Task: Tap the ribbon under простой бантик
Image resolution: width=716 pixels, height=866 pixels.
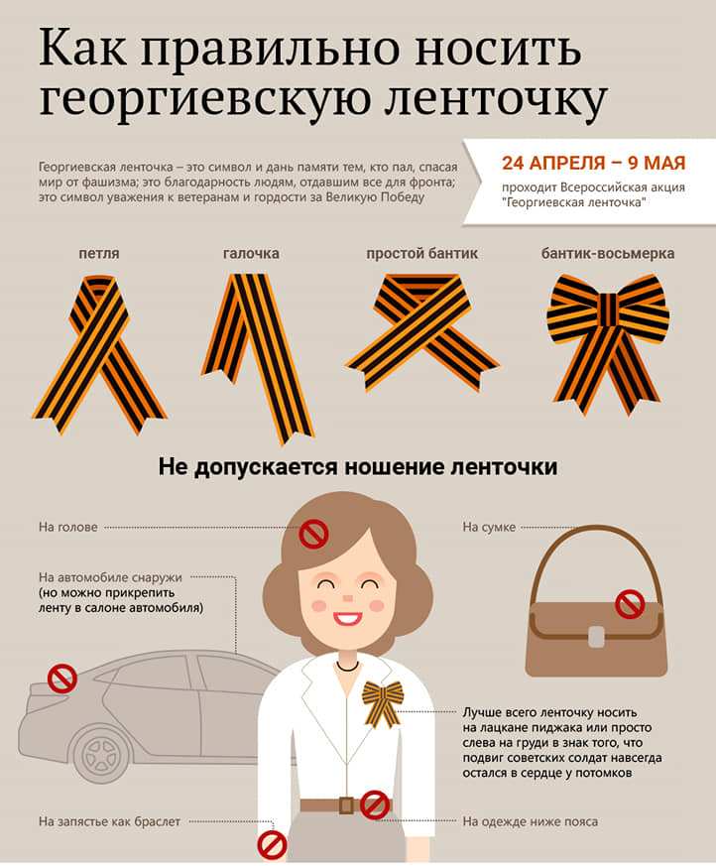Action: click(421, 333)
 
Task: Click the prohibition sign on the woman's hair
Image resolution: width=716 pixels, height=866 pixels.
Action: click(314, 536)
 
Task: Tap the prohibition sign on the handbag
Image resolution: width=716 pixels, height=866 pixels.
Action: click(630, 602)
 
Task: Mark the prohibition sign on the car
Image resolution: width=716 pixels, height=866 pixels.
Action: click(62, 679)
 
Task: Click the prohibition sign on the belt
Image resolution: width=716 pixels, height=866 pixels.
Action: click(374, 804)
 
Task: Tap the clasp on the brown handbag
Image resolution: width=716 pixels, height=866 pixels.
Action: click(595, 635)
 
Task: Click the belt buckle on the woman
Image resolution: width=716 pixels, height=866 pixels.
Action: click(345, 804)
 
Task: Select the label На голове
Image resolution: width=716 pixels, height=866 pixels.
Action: click(68, 527)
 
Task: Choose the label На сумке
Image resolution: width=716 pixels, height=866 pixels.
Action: click(489, 527)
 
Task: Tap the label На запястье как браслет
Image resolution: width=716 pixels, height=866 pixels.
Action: click(109, 821)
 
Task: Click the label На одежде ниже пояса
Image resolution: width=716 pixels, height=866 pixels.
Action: click(531, 821)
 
